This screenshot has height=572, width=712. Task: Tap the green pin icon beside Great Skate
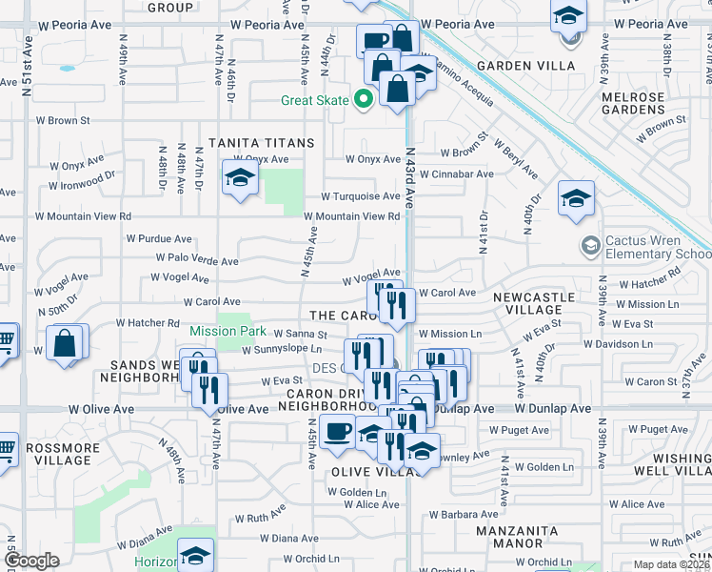pos(362,98)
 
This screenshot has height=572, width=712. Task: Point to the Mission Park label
pos(227,331)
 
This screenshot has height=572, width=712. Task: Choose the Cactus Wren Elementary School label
pos(652,248)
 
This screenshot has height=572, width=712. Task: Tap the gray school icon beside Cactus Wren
pos(591,247)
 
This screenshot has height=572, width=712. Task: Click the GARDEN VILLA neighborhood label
pos(526,66)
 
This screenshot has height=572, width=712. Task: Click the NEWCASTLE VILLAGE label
pos(534,303)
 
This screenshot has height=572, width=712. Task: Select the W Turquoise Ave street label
pos(360,195)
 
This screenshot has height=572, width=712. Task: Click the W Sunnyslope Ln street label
pos(285,350)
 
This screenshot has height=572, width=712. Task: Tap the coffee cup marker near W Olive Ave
pos(337,431)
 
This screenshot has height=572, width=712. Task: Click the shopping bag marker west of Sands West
pos(65,343)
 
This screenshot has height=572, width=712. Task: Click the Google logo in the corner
pos(31,561)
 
